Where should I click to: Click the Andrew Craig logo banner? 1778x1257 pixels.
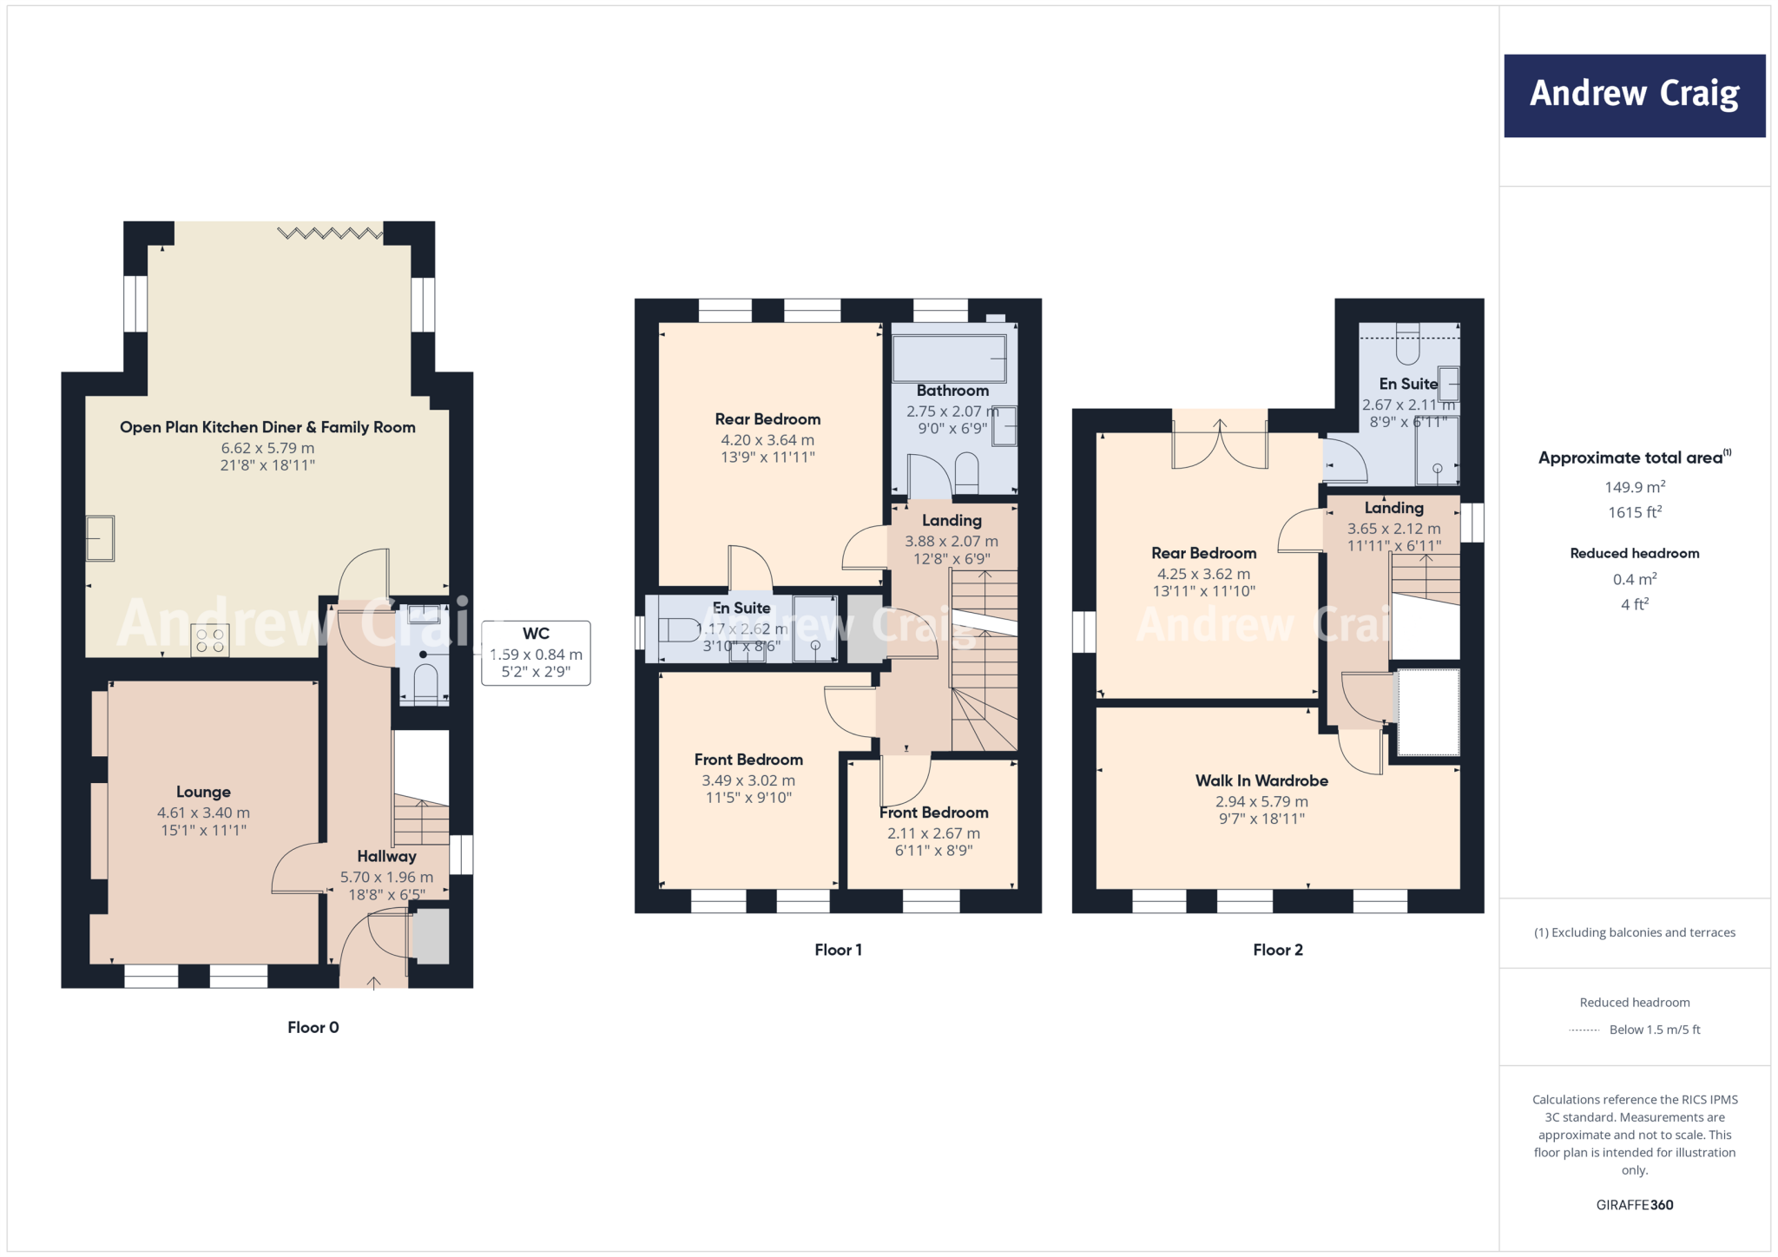[1634, 95]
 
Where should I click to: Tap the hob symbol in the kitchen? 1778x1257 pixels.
[209, 641]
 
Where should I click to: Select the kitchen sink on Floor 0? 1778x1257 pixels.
[100, 538]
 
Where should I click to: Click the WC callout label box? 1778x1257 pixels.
[536, 653]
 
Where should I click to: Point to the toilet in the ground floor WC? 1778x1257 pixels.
[425, 682]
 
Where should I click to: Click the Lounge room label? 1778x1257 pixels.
[203, 792]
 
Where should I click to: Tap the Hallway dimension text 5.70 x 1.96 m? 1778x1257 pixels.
[386, 877]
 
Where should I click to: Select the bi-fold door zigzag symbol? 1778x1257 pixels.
[329, 233]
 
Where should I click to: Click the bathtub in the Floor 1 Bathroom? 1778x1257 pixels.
[949, 358]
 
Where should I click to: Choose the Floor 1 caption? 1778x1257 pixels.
[838, 950]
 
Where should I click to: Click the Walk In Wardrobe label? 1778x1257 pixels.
[1261, 780]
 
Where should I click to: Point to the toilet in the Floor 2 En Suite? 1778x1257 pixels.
[1407, 344]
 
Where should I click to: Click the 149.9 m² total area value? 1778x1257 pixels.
[1634, 487]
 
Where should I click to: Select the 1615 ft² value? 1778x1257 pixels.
[1634, 512]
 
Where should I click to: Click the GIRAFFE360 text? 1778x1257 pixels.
[1634, 1205]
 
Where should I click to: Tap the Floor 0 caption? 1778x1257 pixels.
[313, 1027]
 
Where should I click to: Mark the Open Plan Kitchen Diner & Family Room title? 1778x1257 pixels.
[267, 427]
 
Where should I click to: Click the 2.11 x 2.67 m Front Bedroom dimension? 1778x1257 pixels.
[933, 833]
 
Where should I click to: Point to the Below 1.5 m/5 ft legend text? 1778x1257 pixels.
[1654, 1030]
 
